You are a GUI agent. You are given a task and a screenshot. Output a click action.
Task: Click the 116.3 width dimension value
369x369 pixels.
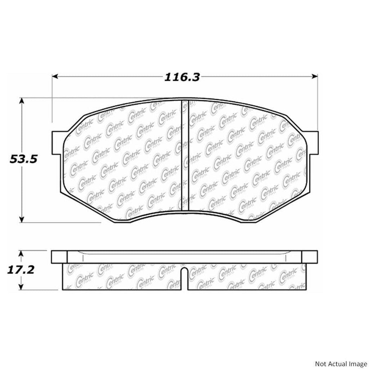point(182,77)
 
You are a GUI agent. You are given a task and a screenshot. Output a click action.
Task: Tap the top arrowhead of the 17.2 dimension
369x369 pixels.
point(22,254)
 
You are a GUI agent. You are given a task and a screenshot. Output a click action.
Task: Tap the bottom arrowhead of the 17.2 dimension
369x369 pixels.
point(22,287)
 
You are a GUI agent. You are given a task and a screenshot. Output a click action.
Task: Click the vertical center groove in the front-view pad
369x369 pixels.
point(184,155)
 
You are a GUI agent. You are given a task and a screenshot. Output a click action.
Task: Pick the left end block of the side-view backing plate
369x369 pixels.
point(59,257)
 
